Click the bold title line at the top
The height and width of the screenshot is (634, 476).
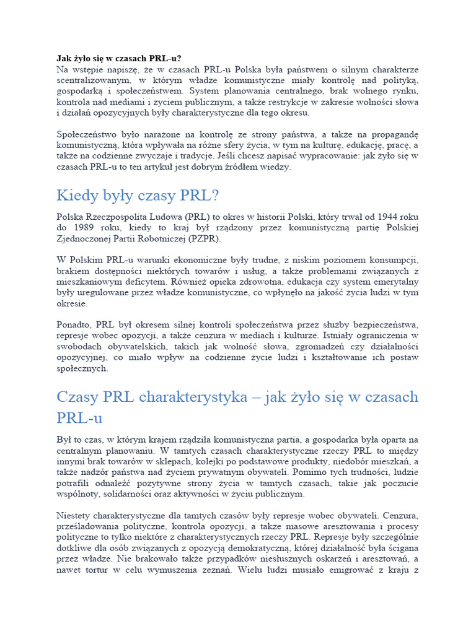119,58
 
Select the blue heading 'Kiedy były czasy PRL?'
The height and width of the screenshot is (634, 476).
138,196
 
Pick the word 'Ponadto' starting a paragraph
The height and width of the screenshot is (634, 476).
74,324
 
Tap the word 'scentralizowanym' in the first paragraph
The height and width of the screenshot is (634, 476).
93,80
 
